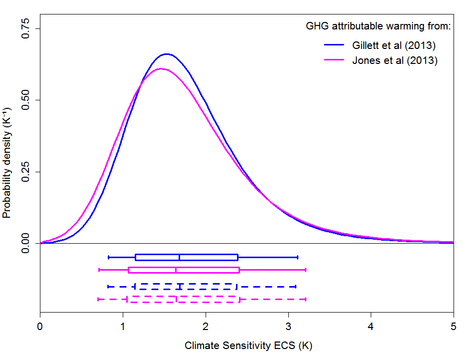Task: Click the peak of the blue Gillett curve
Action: click(x=166, y=54)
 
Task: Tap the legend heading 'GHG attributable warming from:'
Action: click(x=378, y=26)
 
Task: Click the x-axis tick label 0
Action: click(x=40, y=328)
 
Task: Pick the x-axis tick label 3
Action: click(x=288, y=328)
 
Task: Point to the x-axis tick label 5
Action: click(x=453, y=328)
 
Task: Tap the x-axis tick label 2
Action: click(x=206, y=328)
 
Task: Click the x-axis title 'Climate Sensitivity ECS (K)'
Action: click(x=248, y=346)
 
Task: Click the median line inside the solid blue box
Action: click(x=179, y=257)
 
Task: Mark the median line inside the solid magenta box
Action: click(x=176, y=270)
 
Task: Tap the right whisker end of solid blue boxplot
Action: click(x=297, y=257)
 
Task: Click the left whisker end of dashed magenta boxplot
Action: click(x=98, y=299)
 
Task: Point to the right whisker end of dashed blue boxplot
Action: click(x=296, y=287)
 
